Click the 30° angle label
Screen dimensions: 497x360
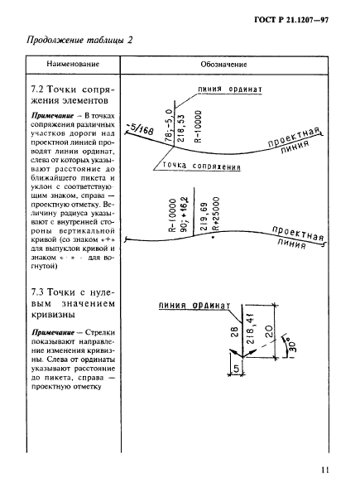pyautogui.click(x=290, y=340)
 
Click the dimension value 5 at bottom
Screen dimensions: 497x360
pyautogui.click(x=214, y=367)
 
